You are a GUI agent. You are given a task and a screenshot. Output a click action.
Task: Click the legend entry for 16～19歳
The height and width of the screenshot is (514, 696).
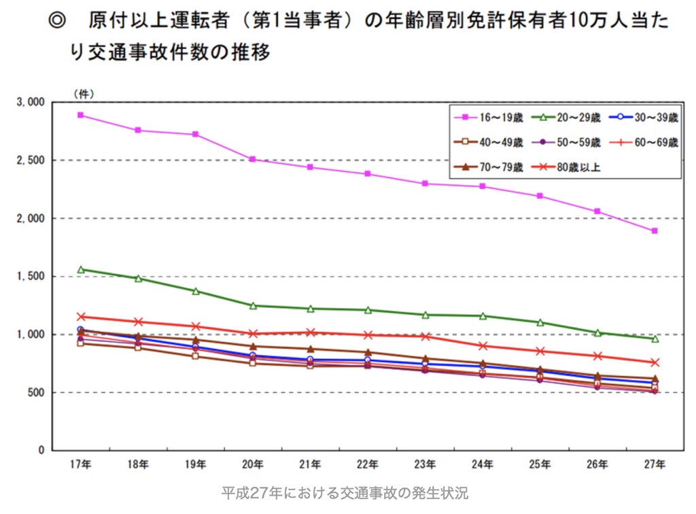tap(489, 118)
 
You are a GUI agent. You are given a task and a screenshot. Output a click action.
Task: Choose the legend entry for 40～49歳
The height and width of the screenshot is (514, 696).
tap(489, 142)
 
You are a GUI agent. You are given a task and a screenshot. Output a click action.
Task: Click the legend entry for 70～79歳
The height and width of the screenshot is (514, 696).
tap(489, 165)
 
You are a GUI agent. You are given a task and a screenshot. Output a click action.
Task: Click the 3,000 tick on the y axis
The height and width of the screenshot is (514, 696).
tap(31, 102)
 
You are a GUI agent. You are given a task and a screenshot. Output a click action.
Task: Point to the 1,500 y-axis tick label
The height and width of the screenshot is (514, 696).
tap(31, 277)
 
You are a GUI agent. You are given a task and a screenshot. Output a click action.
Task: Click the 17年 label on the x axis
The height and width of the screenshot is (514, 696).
tap(80, 465)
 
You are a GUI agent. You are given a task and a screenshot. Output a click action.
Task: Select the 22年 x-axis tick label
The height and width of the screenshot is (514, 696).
tap(368, 465)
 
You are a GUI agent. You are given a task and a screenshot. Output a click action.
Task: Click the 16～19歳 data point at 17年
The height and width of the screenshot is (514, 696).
tap(80, 115)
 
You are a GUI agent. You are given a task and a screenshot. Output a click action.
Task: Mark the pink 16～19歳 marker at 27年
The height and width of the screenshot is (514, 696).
tap(655, 231)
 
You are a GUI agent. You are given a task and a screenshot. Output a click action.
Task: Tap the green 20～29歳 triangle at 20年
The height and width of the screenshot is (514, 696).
tap(253, 306)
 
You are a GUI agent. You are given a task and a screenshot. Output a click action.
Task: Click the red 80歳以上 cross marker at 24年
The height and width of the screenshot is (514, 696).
tap(483, 345)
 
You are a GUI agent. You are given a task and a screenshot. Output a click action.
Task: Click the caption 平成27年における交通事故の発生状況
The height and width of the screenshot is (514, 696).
tap(345, 493)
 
